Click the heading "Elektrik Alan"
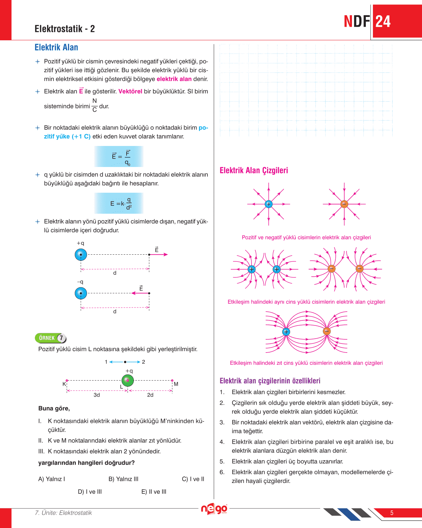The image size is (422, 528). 56,47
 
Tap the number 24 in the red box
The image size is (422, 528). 383,22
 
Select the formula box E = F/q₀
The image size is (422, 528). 119,156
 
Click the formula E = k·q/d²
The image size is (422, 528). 119,203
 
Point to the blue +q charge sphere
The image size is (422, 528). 81,254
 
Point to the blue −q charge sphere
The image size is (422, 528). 81,293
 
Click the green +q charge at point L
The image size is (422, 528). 128,380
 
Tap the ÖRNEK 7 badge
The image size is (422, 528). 51,338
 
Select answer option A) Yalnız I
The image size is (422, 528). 52,479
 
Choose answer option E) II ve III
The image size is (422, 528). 154,492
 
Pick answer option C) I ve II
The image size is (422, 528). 193,479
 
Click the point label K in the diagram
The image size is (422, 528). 64,384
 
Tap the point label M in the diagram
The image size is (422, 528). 176,384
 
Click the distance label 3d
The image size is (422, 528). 97,395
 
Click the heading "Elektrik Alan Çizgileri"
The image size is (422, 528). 254,170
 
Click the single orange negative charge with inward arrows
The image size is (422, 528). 344,204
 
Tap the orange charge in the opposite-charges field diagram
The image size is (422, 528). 327,331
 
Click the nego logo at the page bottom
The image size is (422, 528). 214,509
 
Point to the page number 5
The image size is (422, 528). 392,513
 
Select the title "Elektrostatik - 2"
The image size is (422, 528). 65,29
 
